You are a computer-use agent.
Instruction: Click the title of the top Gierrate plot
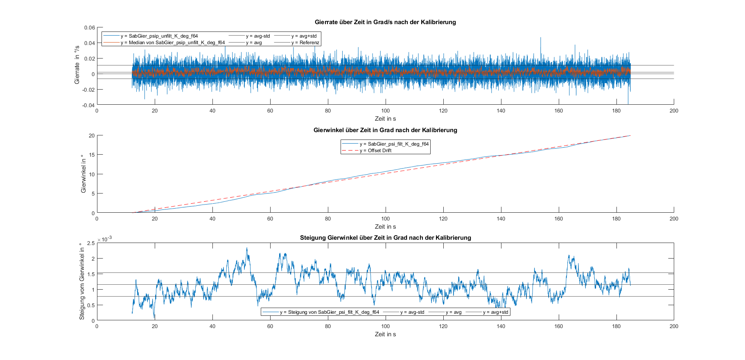385,22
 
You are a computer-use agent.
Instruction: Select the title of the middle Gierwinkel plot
385,130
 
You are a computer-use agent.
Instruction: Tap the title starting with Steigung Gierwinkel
385,238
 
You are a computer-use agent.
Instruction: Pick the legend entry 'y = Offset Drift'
375,151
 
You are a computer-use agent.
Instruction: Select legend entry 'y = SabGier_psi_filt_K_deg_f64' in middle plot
394,144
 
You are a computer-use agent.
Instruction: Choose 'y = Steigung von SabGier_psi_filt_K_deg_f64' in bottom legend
329,312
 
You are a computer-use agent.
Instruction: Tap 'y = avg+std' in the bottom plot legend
495,312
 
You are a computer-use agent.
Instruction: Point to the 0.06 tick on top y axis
90,28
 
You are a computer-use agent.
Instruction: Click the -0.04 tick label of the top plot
89,105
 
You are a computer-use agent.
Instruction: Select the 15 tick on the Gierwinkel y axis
91,155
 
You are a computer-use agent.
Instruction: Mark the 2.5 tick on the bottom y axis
91,243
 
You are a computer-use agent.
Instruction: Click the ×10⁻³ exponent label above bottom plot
104,239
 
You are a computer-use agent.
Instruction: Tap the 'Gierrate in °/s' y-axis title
77,65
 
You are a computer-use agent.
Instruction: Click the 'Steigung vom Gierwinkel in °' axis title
82,281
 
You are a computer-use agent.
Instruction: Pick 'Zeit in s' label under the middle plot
385,227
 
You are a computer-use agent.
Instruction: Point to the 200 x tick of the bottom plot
674,326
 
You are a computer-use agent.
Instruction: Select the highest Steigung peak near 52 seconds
247,248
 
